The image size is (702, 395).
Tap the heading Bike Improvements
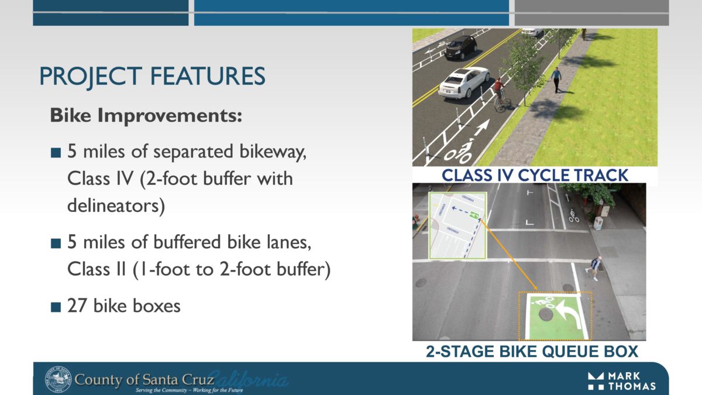click(x=146, y=115)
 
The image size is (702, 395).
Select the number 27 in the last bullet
click(x=77, y=305)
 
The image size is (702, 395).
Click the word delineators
click(x=115, y=205)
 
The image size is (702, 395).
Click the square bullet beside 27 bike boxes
click(x=56, y=307)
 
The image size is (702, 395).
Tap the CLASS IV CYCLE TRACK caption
click(x=534, y=175)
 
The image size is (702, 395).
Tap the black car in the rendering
click(x=461, y=47)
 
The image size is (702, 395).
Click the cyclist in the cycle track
click(x=499, y=95)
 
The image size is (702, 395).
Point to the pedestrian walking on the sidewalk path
click(x=555, y=80)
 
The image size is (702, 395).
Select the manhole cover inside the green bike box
click(x=545, y=314)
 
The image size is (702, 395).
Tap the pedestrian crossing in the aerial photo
click(x=594, y=267)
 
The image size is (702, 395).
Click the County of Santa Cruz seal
click(x=57, y=379)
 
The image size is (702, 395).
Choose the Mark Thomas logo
click(x=621, y=380)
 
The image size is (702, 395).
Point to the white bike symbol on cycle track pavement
click(x=458, y=152)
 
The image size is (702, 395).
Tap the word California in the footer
click(x=248, y=379)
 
